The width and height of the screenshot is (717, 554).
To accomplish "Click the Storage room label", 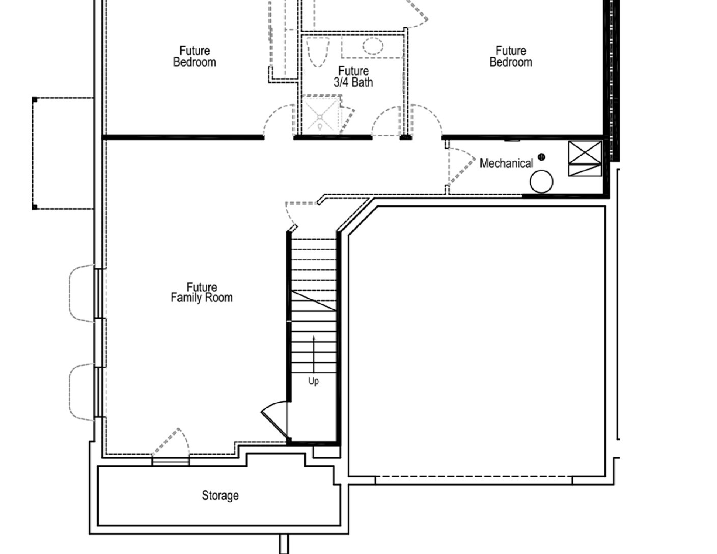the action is coord(220,495).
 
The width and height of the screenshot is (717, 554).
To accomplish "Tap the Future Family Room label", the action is coord(202,292).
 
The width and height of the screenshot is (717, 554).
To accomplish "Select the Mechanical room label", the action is coord(506,163).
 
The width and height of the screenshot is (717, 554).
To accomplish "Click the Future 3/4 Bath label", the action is coord(353,76).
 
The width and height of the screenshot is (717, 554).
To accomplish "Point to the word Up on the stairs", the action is coord(314,381).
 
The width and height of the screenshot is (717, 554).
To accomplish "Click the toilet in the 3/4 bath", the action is coord(318,52).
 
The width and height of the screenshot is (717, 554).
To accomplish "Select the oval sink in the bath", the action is coord(373,46).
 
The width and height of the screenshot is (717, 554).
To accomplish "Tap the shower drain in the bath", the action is coord(320,117).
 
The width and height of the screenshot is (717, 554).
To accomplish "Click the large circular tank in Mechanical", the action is coord(541,181).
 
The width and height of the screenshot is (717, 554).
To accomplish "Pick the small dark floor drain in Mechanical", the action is coord(541,157).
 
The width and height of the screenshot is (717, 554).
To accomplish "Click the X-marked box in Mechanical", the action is coord(585,152).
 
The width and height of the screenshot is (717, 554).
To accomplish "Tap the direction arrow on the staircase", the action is coord(314,354).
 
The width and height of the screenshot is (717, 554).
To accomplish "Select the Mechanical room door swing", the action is coord(461,165).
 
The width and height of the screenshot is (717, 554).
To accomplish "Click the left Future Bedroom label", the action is coord(195,57).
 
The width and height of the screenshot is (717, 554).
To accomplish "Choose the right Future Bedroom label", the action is coord(511,57).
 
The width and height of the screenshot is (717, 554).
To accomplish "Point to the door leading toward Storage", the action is coord(170,441).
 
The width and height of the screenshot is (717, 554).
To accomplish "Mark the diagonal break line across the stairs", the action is coord(314,300).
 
